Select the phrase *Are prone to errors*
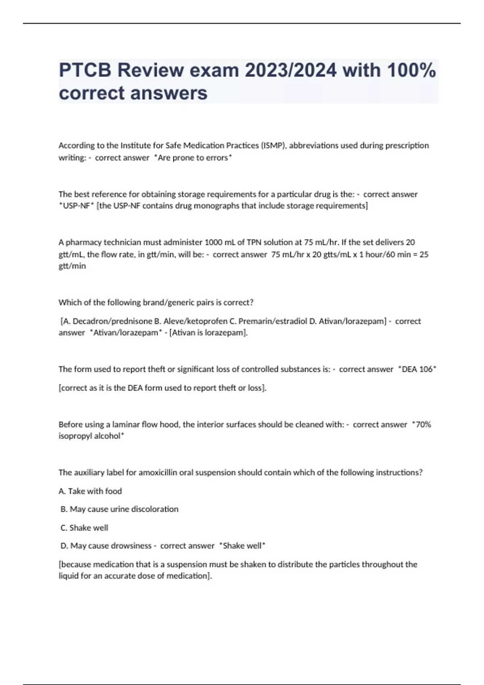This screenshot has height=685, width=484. [x=193, y=158]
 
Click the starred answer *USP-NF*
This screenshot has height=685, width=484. [x=76, y=206]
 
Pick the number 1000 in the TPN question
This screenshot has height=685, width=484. [x=212, y=242]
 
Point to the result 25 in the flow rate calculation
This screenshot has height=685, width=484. [x=423, y=254]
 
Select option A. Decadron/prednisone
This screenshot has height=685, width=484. [x=106, y=321]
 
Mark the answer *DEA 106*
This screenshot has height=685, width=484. [x=417, y=369]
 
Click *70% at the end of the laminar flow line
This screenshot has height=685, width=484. [x=421, y=424]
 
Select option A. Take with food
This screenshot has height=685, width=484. [x=90, y=491]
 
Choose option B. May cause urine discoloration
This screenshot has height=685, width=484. [x=119, y=509]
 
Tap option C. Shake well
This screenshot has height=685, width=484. [x=84, y=528]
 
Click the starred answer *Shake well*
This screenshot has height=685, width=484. [x=242, y=546]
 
